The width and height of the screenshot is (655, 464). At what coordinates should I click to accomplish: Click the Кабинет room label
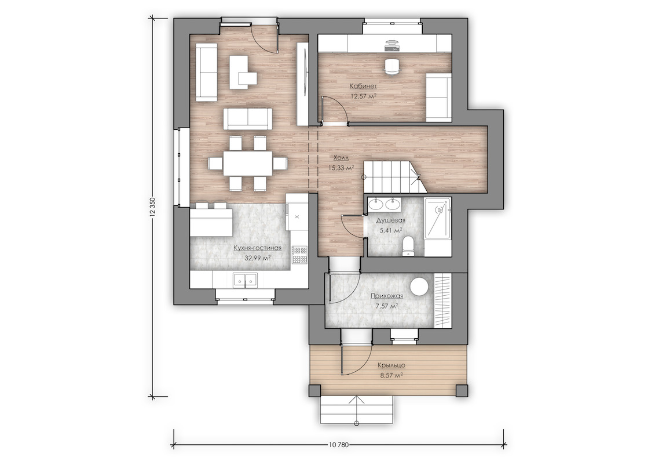(x=363, y=86)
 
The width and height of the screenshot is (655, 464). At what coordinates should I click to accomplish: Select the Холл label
(x=341, y=158)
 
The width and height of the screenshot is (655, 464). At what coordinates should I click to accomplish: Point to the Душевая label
(x=390, y=220)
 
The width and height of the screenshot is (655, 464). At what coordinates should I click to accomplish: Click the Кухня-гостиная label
(x=257, y=248)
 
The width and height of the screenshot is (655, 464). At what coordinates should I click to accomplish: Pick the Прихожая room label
(x=387, y=296)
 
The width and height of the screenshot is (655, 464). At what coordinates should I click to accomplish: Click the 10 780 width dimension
(x=338, y=445)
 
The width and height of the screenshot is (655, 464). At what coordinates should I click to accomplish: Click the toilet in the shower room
(x=407, y=246)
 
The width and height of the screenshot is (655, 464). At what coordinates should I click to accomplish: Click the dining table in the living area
(x=247, y=163)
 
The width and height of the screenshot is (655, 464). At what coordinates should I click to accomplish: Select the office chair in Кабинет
(x=392, y=67)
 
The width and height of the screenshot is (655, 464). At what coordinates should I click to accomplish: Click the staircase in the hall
(x=391, y=177)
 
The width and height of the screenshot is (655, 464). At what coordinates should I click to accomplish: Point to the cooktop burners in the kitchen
(x=299, y=255)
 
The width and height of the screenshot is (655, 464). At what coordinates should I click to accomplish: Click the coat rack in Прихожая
(x=443, y=300)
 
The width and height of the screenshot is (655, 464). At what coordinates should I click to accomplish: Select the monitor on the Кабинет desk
(x=391, y=42)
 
